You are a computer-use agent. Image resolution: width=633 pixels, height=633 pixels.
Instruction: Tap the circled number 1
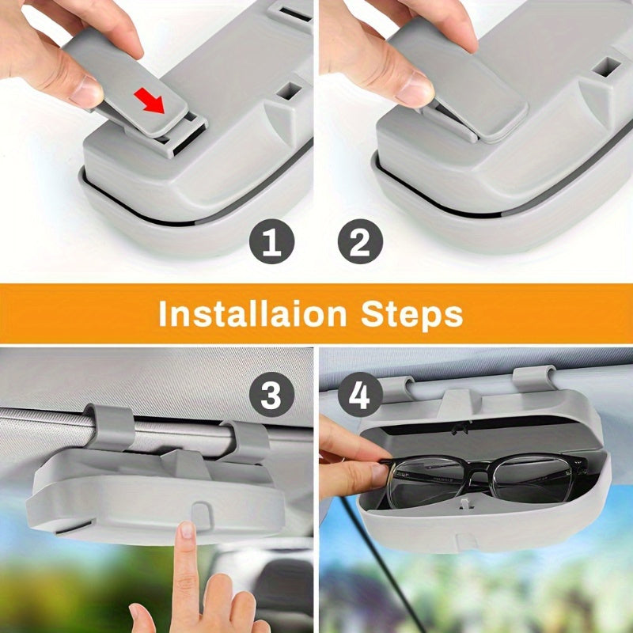(271, 243)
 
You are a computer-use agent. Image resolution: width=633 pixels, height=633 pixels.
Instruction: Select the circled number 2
(360, 243)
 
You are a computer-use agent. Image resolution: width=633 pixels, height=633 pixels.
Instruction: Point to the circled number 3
(271, 394)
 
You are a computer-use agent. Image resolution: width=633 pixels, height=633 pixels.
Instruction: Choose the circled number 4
(360, 394)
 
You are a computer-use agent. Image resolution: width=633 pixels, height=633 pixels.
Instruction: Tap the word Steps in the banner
(412, 313)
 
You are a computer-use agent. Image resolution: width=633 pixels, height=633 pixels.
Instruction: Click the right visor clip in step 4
(535, 378)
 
